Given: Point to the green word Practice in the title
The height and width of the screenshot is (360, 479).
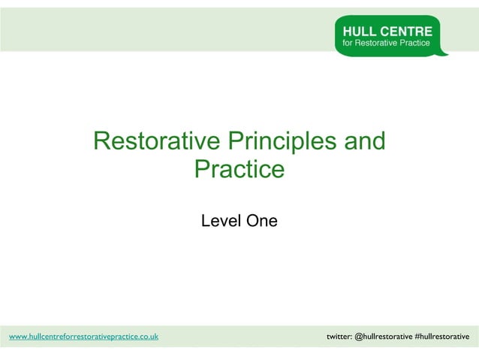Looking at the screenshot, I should (239, 170).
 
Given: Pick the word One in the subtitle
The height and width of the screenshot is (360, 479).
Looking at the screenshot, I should (262, 221).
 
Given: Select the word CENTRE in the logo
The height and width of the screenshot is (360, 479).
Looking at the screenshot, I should (408, 32).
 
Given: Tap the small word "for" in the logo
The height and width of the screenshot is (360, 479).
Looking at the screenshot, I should (348, 44).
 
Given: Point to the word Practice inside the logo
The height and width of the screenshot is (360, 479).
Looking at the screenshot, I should (415, 44).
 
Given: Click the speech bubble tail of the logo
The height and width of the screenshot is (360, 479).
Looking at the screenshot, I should (443, 53).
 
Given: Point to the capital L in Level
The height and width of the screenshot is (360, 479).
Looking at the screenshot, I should (206, 221).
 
